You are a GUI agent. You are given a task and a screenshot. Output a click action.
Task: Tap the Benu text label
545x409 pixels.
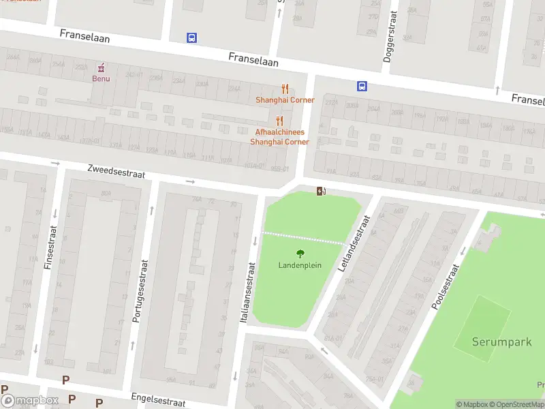(x=101, y=78)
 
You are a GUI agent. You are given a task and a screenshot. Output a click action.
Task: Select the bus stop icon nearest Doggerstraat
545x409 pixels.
(x=362, y=86)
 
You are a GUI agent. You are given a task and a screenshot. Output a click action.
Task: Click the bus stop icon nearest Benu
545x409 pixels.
(x=192, y=38)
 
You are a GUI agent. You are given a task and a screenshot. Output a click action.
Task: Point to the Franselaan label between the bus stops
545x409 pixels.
(x=254, y=60)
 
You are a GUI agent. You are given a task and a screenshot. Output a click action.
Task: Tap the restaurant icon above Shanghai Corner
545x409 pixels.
(x=285, y=89)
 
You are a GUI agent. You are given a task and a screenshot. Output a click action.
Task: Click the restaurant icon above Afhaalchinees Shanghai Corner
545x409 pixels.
(x=279, y=121)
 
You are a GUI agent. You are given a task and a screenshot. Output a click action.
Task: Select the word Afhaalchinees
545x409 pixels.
(x=279, y=132)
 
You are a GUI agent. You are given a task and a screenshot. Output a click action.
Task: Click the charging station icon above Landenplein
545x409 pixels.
(x=321, y=191)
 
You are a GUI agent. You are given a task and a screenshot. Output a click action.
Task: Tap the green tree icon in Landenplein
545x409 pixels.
(x=300, y=254)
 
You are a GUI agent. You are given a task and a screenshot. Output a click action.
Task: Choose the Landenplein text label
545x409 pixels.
(x=300, y=265)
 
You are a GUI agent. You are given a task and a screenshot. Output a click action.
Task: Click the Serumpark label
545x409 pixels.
(x=502, y=342)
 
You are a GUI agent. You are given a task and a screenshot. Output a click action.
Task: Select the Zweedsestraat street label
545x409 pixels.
(x=116, y=171)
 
